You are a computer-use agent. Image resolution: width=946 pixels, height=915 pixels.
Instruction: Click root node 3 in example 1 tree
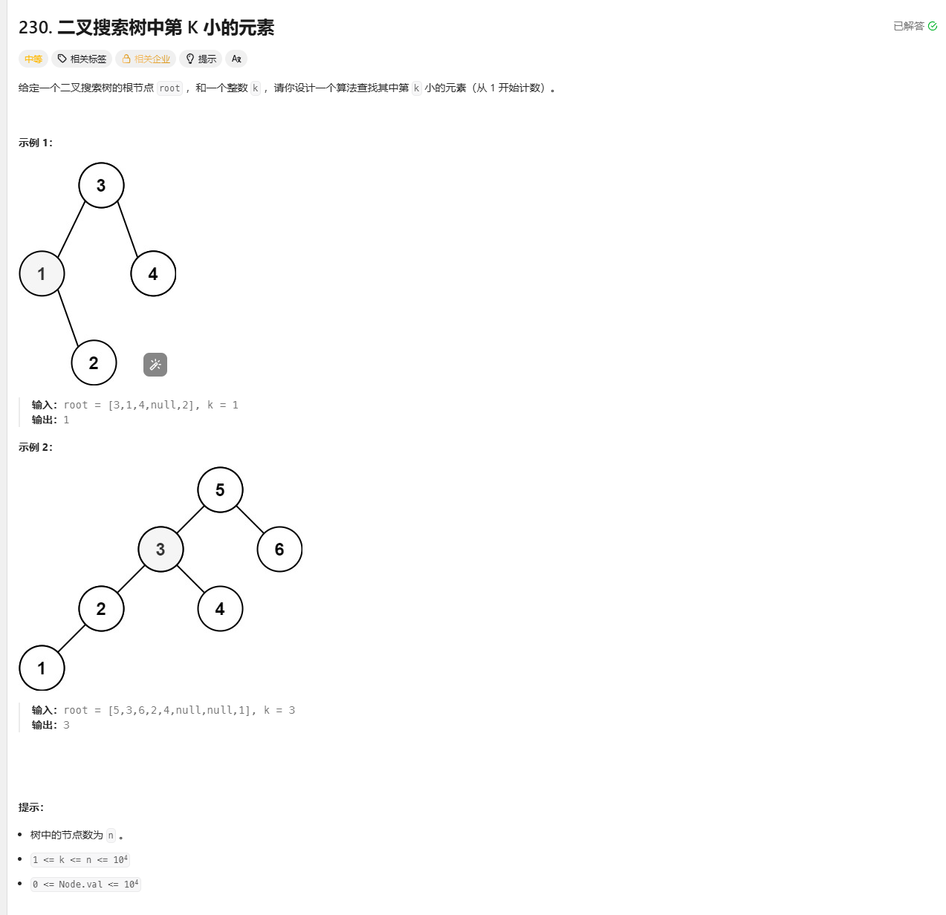(x=101, y=185)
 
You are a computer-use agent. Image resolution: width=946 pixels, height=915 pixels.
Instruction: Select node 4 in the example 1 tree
(x=153, y=274)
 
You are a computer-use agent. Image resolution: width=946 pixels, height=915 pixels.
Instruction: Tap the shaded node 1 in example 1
(x=42, y=274)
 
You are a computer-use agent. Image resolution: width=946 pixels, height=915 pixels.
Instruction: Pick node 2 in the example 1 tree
(x=94, y=363)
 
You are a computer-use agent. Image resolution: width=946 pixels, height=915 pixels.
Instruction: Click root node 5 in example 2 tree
(x=220, y=490)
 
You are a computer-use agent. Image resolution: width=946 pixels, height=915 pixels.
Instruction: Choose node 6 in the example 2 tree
(x=279, y=550)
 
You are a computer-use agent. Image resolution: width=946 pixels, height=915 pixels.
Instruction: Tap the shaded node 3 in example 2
(x=161, y=550)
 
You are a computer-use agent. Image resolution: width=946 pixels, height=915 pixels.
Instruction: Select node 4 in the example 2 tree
(x=220, y=609)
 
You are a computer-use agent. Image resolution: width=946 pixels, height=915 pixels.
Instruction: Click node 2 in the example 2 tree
(x=101, y=609)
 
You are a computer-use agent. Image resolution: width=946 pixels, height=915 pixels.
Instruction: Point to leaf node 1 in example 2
(x=42, y=668)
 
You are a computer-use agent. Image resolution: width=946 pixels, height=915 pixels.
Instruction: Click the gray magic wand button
(x=155, y=365)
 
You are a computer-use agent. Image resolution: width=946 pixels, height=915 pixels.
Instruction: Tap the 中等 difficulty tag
(x=33, y=59)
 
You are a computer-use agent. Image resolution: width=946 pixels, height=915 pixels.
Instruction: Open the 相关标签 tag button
(x=82, y=59)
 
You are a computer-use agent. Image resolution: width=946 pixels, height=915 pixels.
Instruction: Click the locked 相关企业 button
(x=146, y=59)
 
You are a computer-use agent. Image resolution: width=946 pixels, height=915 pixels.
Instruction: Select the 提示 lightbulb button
(x=201, y=59)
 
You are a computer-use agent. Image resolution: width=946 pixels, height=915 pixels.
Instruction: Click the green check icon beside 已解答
(x=933, y=27)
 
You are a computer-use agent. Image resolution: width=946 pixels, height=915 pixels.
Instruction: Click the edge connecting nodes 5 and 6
(x=250, y=520)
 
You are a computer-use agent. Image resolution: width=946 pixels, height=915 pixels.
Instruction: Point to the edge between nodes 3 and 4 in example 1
(x=128, y=229)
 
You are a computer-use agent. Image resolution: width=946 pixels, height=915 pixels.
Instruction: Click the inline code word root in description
(x=169, y=88)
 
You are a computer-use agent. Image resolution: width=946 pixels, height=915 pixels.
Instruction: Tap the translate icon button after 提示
(x=236, y=59)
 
